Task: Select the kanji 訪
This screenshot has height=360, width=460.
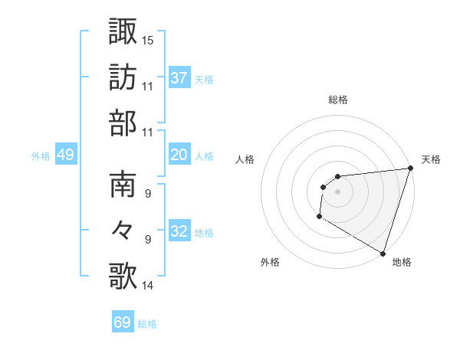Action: (x=123, y=77)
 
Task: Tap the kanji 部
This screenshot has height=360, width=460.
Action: (x=123, y=123)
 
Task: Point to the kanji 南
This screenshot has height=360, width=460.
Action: (x=123, y=185)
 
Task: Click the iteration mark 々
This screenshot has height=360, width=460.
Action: (x=123, y=230)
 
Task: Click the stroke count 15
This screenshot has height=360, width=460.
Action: (x=148, y=39)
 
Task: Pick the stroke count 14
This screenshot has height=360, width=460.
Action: (x=148, y=286)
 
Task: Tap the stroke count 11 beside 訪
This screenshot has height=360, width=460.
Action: (x=148, y=86)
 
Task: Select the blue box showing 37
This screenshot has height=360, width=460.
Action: (x=179, y=77)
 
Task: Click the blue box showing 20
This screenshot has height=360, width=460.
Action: (x=179, y=155)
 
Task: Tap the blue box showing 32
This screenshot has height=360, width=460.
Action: (x=179, y=231)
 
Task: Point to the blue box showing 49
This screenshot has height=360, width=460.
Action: (x=65, y=155)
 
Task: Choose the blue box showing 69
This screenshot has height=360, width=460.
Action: (x=123, y=322)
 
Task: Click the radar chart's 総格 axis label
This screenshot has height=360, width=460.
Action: (x=338, y=100)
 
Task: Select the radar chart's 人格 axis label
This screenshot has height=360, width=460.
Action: (x=245, y=159)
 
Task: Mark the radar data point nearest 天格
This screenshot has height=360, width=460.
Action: (x=411, y=169)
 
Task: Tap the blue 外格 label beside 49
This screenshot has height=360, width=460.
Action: (x=41, y=155)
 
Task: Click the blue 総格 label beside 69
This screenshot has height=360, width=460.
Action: (x=147, y=324)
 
